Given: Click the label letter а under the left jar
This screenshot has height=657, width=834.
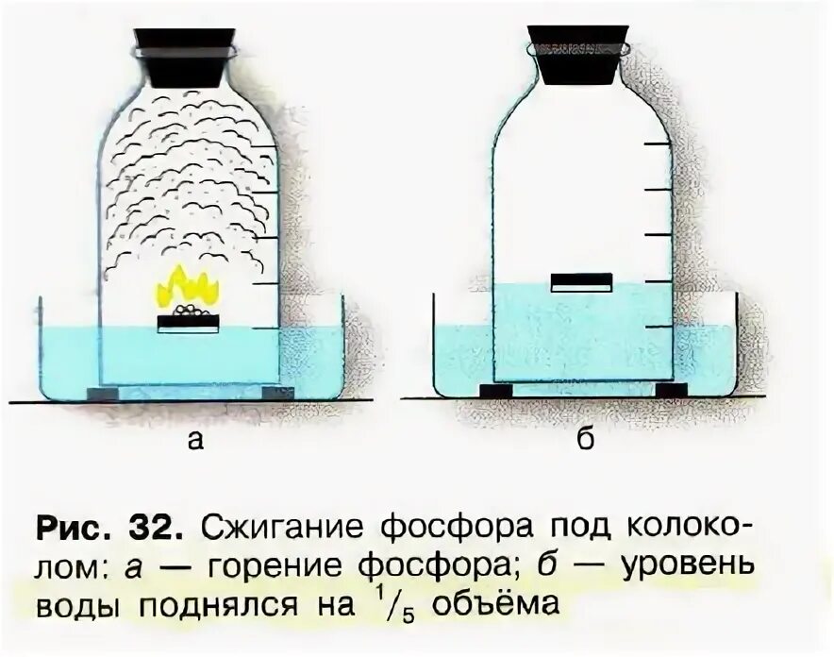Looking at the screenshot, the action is [x=194, y=441].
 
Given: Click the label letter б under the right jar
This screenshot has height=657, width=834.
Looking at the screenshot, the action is [x=585, y=440].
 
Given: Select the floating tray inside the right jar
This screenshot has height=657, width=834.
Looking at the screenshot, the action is [x=582, y=281].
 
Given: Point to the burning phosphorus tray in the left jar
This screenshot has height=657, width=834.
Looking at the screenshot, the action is [x=187, y=321].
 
